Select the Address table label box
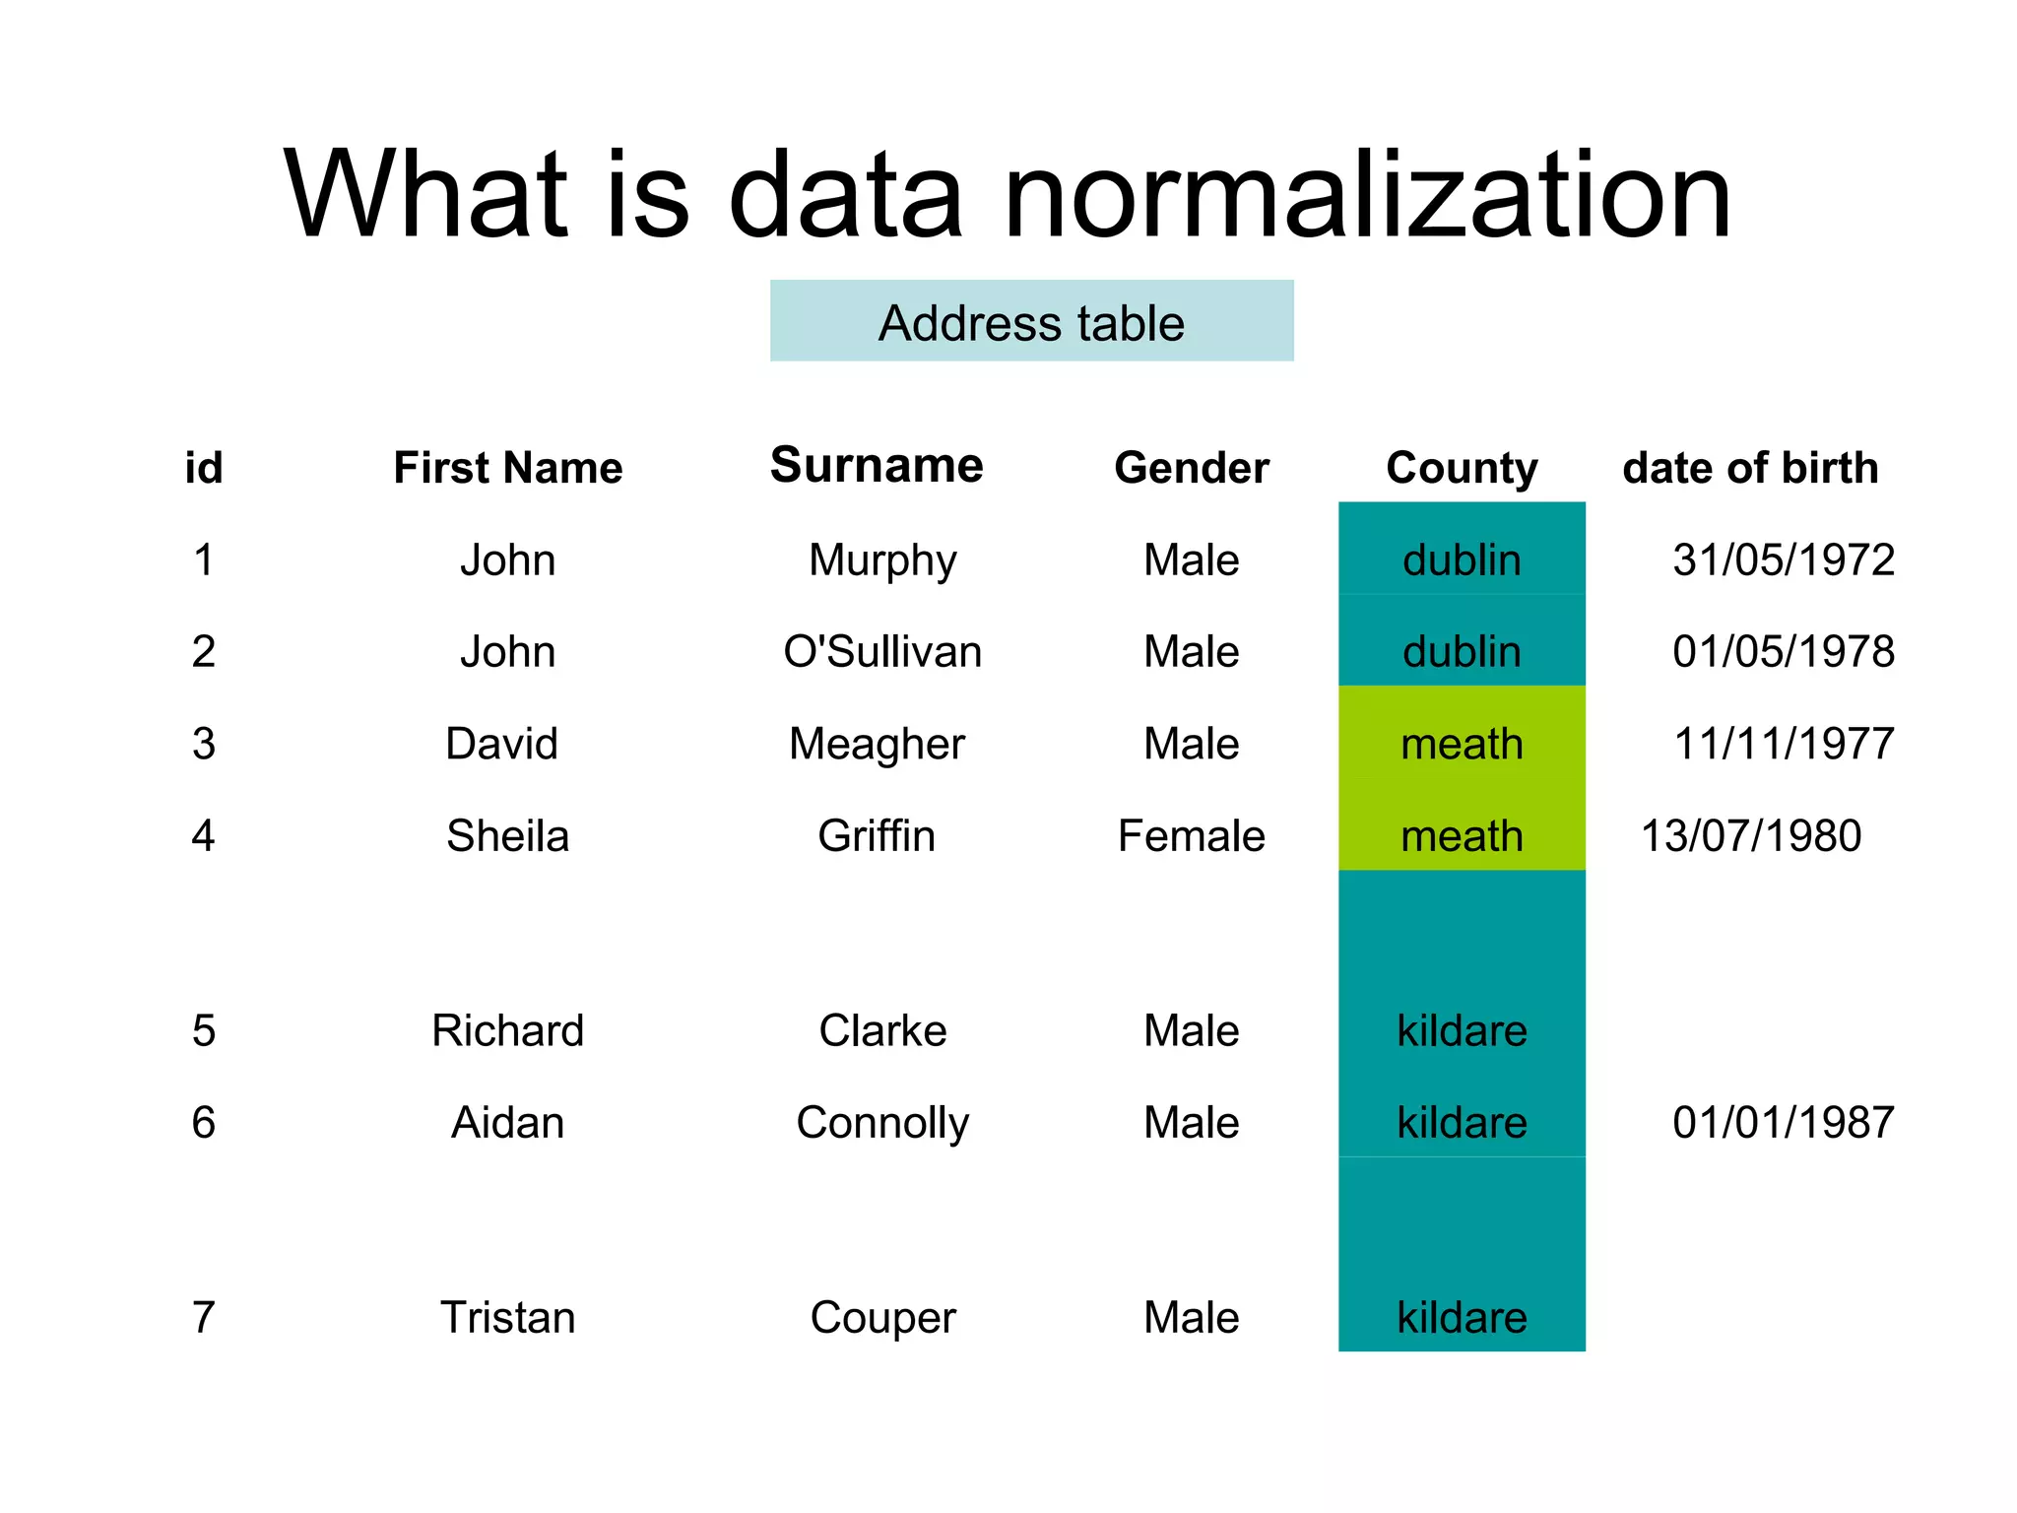pyautogui.click(x=1031, y=321)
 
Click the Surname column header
pyautogui.click(x=877, y=465)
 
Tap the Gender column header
pyautogui.click(x=1191, y=468)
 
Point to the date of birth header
pyautogui.click(x=1750, y=468)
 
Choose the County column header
pyautogui.click(x=1462, y=468)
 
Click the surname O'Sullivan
pyautogui.click(x=882, y=651)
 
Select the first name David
pyautogui.click(x=501, y=744)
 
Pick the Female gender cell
pyautogui.click(x=1191, y=836)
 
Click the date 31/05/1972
pyautogui.click(x=1783, y=559)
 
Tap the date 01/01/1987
pyautogui.click(x=1783, y=1122)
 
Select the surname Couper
pyautogui.click(x=882, y=1317)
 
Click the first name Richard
pyautogui.click(x=507, y=1030)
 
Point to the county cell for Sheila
pyautogui.click(x=1462, y=836)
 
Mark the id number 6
pyautogui.click(x=204, y=1122)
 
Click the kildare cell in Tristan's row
pyautogui.click(x=1462, y=1317)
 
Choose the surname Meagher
pyautogui.click(x=877, y=744)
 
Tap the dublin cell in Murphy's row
pyautogui.click(x=1462, y=559)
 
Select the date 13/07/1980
pyautogui.click(x=1750, y=836)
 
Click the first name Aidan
pyautogui.click(x=507, y=1122)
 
